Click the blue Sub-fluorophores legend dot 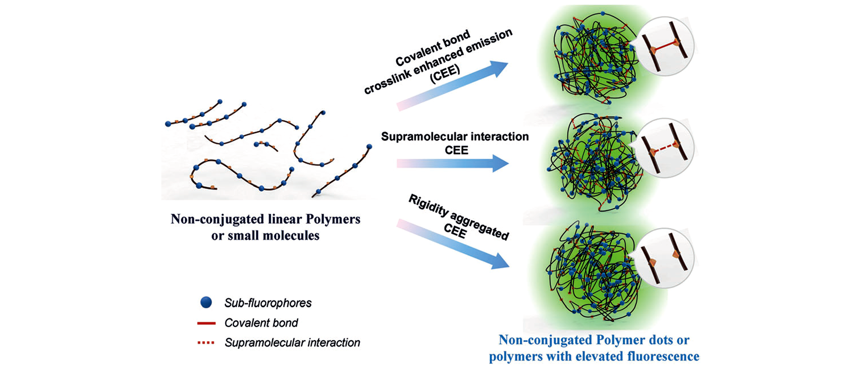coord(206,302)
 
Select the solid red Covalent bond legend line coord(206,323)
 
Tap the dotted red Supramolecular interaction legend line coord(206,343)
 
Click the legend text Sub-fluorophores coord(268,303)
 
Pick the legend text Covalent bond coord(261,323)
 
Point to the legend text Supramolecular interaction coord(292,343)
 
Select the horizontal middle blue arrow coord(453,163)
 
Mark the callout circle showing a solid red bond coord(665,47)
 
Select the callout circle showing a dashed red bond coord(665,148)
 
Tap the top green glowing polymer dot coord(594,59)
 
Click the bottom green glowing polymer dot coord(594,273)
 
